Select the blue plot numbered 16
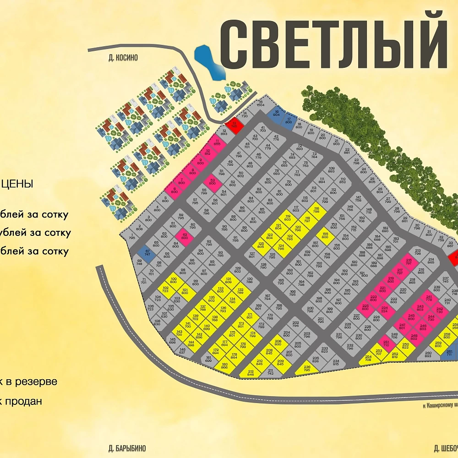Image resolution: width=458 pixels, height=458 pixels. [x=277, y=114]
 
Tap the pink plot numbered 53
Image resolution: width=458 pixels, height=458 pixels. [x=212, y=181]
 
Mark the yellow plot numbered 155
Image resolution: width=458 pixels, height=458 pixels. [x=325, y=236]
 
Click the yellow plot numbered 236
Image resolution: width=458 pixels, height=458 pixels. [x=307, y=368]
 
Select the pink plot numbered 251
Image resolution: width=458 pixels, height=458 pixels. [x=386, y=343]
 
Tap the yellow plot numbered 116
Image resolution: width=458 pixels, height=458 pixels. [x=316, y=210]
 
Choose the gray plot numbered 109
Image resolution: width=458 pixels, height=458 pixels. [x=332, y=170]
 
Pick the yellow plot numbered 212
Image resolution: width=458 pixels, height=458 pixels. [x=250, y=373]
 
